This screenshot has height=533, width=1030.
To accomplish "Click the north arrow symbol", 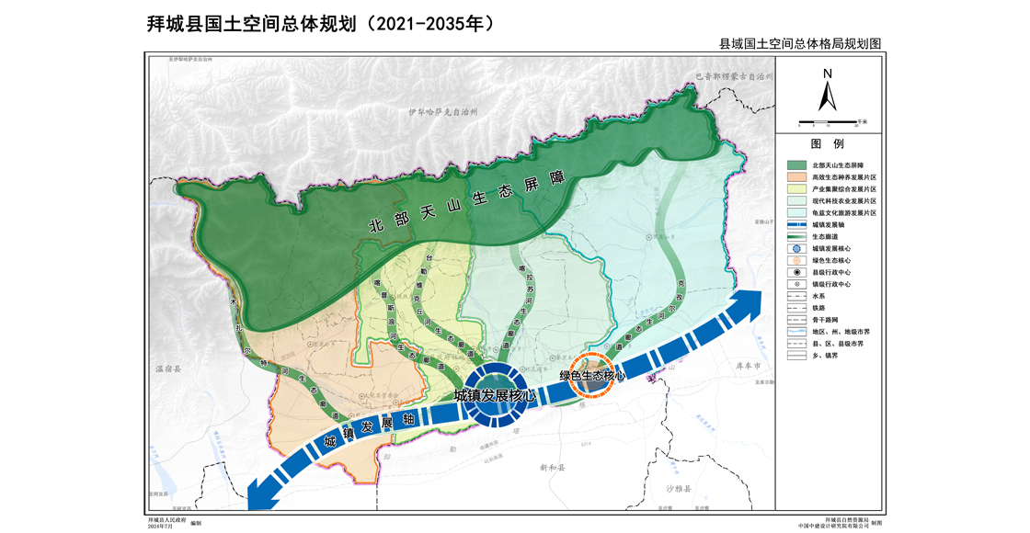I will click(x=827, y=93).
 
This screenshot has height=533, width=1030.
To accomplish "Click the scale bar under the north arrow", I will click(x=827, y=121).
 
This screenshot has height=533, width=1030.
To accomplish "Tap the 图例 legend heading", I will click(x=827, y=144).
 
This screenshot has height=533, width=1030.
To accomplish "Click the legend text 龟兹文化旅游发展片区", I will click(x=844, y=212).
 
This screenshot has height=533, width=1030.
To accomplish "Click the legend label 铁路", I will click(x=818, y=308).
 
